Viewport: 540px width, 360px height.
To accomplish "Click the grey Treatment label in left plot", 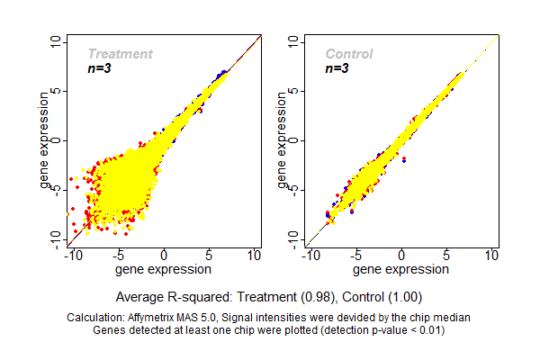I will [x=120, y=54].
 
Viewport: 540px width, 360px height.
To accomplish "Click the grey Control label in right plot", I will [x=349, y=54].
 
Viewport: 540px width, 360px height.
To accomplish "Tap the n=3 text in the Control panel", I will [x=337, y=69].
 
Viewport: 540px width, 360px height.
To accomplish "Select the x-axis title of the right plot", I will [x=400, y=268].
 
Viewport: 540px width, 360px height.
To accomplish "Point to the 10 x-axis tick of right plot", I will [x=492, y=256].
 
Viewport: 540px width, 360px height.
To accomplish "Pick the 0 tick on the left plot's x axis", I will [x=164, y=256].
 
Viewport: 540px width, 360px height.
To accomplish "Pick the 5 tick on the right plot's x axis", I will [x=447, y=256].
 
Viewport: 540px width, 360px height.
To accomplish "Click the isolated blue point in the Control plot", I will [x=403, y=159].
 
